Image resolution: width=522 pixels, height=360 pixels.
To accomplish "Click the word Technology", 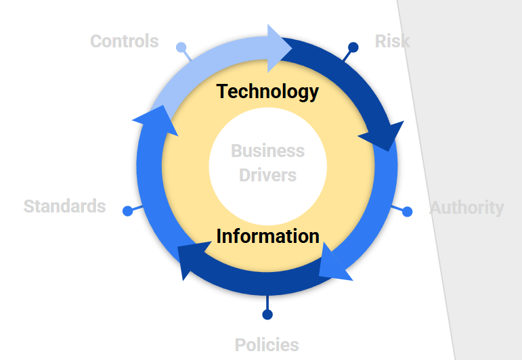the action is (267, 91).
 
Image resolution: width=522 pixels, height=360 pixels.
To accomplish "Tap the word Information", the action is (268, 236).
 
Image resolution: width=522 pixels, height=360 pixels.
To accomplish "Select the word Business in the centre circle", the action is (268, 151).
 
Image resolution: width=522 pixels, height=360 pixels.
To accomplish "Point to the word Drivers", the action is (268, 175).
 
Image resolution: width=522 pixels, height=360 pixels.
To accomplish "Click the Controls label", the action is (125, 41).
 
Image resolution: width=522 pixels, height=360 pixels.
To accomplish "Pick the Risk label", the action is (393, 41).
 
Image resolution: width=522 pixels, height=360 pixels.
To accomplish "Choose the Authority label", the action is (466, 208).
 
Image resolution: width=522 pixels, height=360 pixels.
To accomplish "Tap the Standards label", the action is (64, 206).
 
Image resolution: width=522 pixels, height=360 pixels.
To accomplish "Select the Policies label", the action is (267, 344).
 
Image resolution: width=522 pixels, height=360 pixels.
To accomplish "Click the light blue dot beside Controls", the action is (181, 47).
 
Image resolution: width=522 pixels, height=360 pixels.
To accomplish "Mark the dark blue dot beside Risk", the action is (353, 47).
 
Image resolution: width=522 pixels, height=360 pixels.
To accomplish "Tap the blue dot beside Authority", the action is (408, 212).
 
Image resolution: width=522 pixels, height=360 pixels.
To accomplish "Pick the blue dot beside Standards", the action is (128, 211).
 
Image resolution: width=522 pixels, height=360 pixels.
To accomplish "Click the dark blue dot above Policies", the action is (267, 315).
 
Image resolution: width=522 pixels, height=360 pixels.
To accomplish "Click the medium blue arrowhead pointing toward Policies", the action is (334, 263).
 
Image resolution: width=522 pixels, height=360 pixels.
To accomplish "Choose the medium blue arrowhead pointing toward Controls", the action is (156, 120).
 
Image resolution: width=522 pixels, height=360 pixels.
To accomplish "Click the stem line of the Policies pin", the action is (267, 302).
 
